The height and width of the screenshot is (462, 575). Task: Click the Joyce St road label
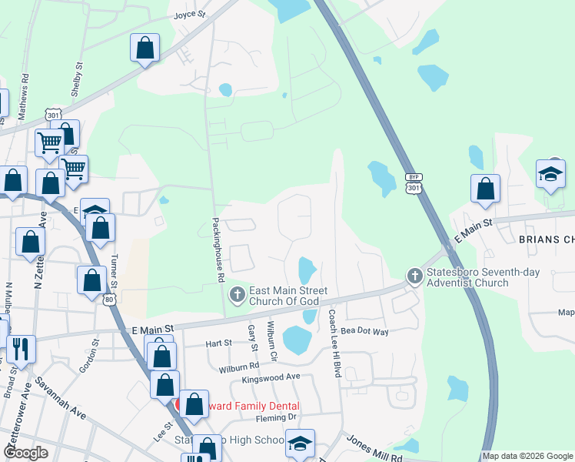[191, 15]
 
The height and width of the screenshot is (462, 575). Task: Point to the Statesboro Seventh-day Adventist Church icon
[415, 276]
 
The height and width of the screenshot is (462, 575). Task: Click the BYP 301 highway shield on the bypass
[414, 182]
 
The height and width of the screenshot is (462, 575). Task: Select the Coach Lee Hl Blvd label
[334, 343]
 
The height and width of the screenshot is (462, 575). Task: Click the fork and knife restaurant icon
[21, 350]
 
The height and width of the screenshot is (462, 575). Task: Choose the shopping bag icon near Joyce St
[145, 49]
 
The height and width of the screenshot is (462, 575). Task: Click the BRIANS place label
[546, 239]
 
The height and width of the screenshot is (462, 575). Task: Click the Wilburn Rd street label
[238, 368]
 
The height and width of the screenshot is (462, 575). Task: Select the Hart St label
[218, 343]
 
